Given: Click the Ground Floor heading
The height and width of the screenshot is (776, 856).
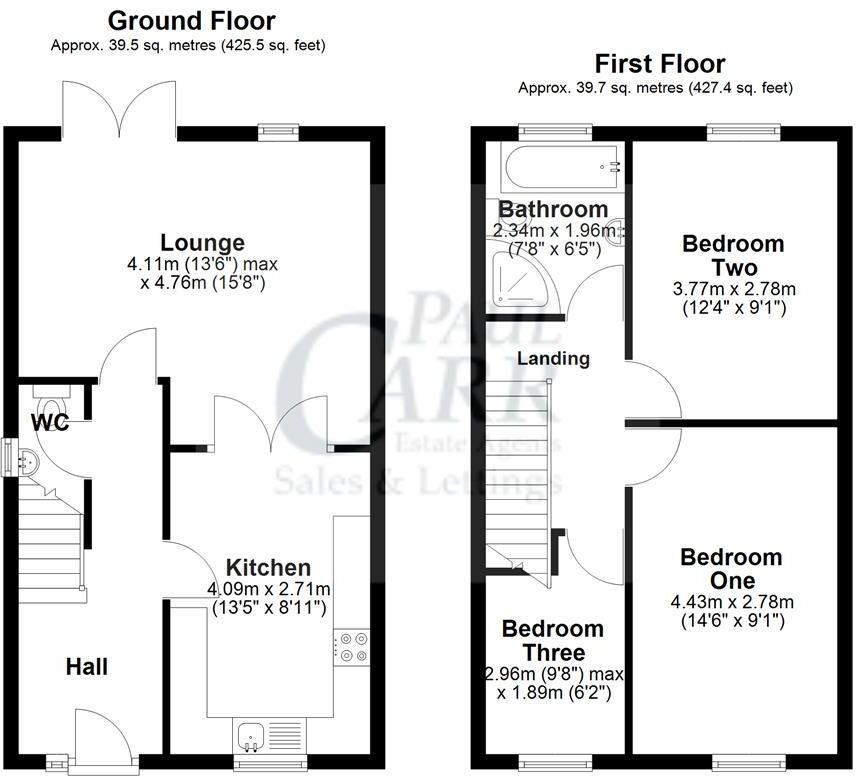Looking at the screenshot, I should [191, 20].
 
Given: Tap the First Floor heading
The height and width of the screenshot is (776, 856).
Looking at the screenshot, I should [659, 63].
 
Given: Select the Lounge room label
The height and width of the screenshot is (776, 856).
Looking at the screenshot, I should [203, 242].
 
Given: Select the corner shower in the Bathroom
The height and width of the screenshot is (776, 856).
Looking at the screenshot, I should [519, 275].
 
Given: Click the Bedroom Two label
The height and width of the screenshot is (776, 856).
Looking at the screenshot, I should [732, 255].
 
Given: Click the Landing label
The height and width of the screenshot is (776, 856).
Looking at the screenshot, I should [553, 358].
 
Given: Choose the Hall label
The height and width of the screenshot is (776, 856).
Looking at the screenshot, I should [87, 666].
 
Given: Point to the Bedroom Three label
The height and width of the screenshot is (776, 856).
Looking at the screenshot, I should [552, 641].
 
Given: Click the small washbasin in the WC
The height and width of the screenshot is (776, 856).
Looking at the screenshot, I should [28, 462].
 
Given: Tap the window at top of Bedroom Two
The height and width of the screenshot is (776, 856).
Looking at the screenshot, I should [740, 131].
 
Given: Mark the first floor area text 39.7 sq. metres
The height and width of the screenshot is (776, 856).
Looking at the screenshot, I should [655, 88].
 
